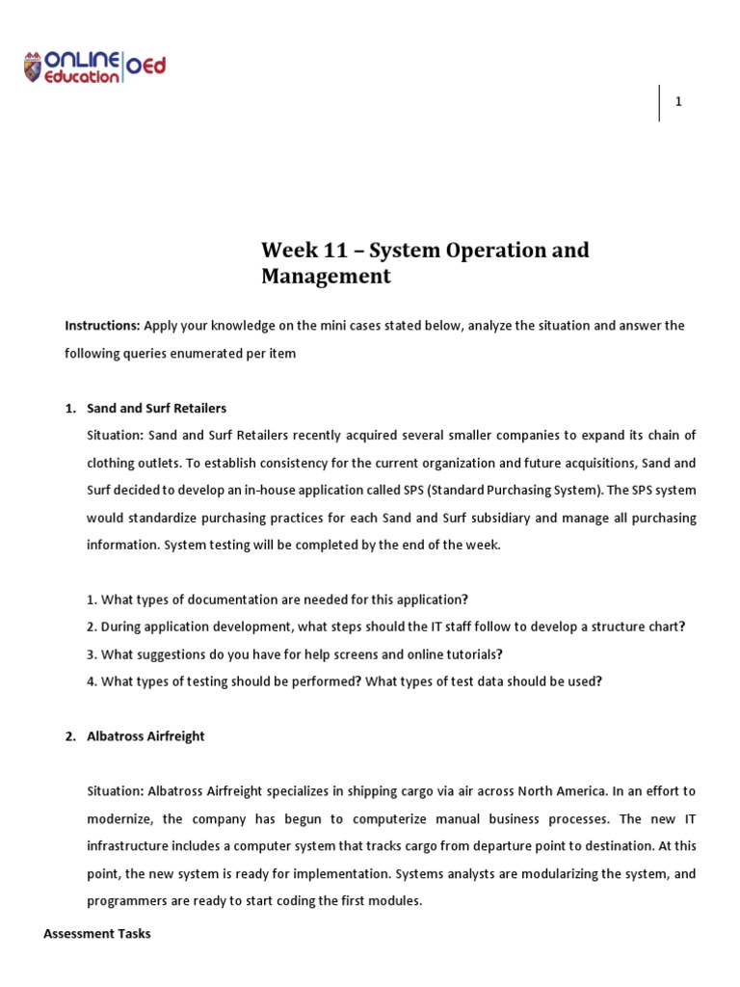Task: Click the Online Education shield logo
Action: [34, 67]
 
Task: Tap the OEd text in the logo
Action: [145, 66]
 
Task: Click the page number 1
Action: [678, 103]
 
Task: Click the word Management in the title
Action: [326, 277]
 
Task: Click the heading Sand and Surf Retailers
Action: [156, 408]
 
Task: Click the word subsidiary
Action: [489, 518]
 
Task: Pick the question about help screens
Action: [295, 654]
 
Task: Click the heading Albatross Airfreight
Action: [145, 736]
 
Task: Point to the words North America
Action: [560, 791]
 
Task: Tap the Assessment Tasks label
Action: [97, 934]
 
